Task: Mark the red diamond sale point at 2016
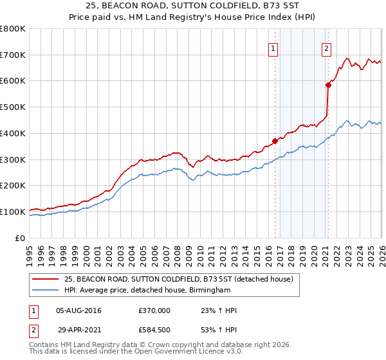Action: tap(275, 141)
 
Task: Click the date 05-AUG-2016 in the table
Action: tap(78, 310)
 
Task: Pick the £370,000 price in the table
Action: tap(154, 310)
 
